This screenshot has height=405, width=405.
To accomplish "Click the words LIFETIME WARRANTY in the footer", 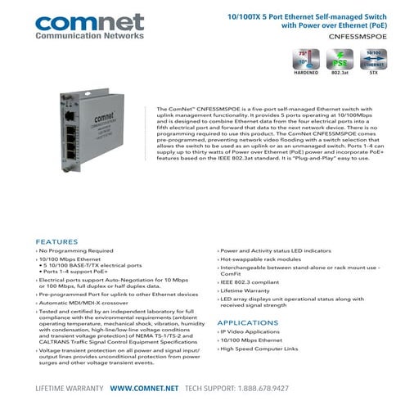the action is (x=69, y=388).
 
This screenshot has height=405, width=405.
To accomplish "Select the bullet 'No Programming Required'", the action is (x=76, y=250).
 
